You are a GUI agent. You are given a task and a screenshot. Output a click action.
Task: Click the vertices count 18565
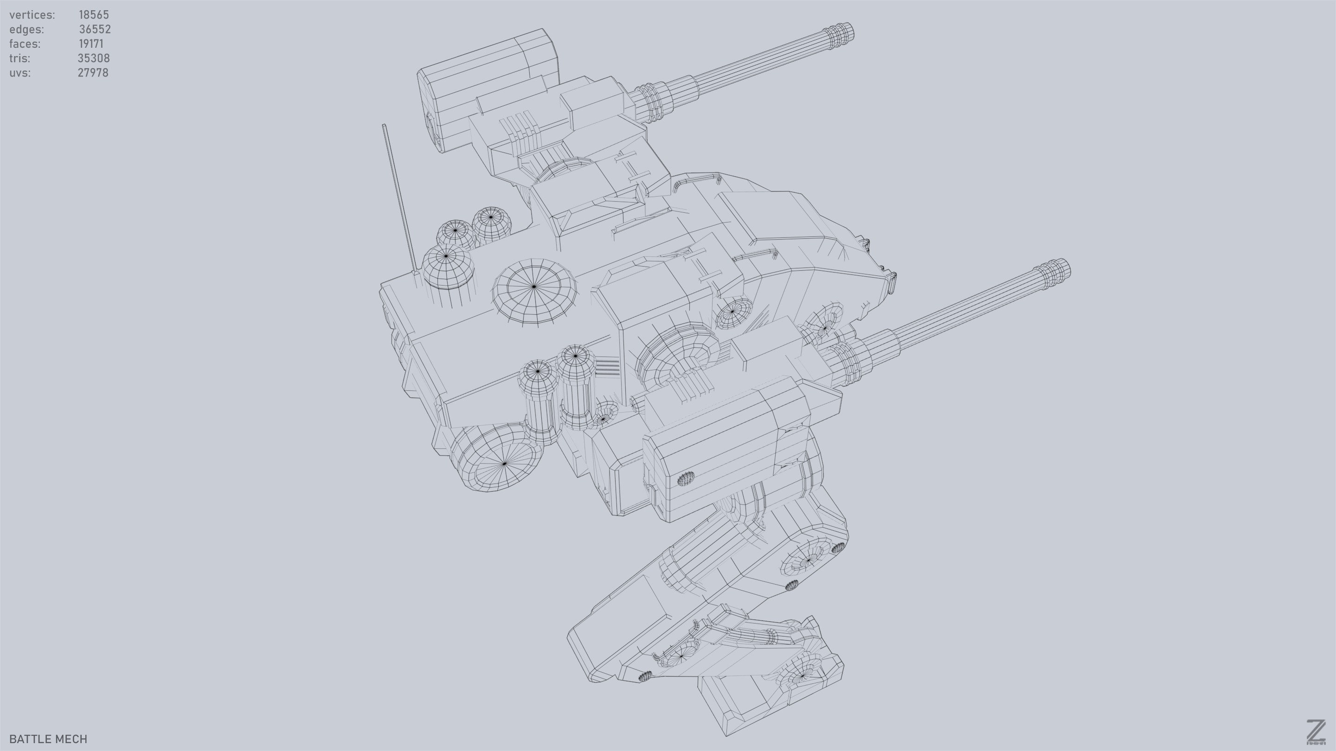pyautogui.click(x=93, y=14)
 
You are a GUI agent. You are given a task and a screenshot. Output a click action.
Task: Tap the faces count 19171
pyautogui.click(x=91, y=44)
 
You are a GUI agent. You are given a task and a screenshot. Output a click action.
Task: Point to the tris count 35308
pyautogui.click(x=93, y=58)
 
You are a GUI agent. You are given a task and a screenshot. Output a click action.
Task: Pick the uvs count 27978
pyautogui.click(x=93, y=73)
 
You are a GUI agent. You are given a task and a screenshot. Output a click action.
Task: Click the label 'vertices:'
pyautogui.click(x=32, y=14)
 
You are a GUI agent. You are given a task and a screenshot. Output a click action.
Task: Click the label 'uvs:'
pyautogui.click(x=19, y=73)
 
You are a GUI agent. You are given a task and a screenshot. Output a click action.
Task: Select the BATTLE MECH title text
pyautogui.click(x=48, y=739)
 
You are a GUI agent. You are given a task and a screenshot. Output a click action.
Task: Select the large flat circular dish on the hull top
pyautogui.click(x=534, y=290)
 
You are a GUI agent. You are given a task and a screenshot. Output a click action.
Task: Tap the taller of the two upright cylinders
pyautogui.click(x=575, y=386)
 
